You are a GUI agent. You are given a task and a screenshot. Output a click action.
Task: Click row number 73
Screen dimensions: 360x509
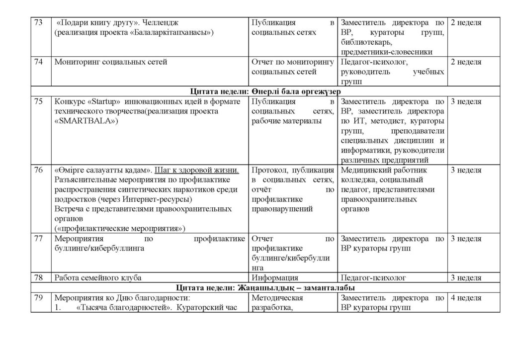[38, 22]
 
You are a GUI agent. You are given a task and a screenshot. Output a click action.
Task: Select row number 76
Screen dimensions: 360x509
[38, 170]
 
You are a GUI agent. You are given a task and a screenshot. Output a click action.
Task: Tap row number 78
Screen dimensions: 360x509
[38, 278]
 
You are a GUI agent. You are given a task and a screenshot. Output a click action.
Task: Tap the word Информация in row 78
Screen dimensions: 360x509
[275, 278]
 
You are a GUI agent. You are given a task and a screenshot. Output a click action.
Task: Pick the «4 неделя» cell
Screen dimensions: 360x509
[466, 298]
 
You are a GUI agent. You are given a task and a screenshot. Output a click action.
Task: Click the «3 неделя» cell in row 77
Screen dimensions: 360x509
[466, 239]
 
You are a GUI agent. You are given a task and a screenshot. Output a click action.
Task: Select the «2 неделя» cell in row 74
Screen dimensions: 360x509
[466, 62]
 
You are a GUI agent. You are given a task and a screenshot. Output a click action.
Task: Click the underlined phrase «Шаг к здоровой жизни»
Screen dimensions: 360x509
[197, 170]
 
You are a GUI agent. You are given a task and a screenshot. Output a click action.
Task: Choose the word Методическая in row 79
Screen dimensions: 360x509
[278, 298]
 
